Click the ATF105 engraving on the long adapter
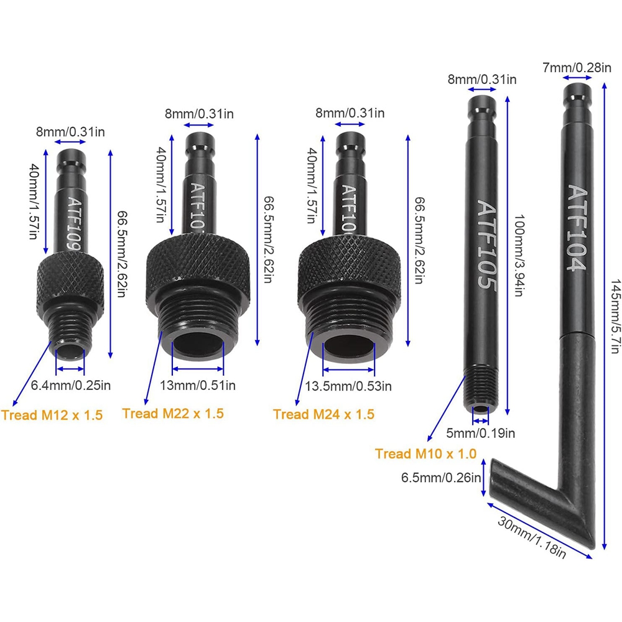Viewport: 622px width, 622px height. (x=486, y=244)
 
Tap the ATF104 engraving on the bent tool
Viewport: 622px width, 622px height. (x=577, y=228)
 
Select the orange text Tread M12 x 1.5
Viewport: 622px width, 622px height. (x=52, y=415)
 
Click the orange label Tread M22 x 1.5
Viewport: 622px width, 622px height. (x=173, y=414)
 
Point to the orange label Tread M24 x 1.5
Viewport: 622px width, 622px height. (x=323, y=414)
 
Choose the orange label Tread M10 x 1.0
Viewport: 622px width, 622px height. (x=425, y=453)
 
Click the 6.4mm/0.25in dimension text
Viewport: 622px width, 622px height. (x=71, y=385)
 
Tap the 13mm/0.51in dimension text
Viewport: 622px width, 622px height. (x=198, y=385)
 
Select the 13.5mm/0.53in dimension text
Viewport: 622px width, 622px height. (x=348, y=386)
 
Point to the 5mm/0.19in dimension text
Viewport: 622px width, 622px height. (x=481, y=433)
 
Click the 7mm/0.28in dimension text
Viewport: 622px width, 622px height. (x=577, y=68)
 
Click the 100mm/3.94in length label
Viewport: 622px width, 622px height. (x=519, y=256)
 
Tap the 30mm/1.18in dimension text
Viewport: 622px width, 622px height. (x=532, y=537)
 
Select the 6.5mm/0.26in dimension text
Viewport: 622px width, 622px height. (x=441, y=477)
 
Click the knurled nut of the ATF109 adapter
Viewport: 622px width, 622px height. (x=71, y=281)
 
